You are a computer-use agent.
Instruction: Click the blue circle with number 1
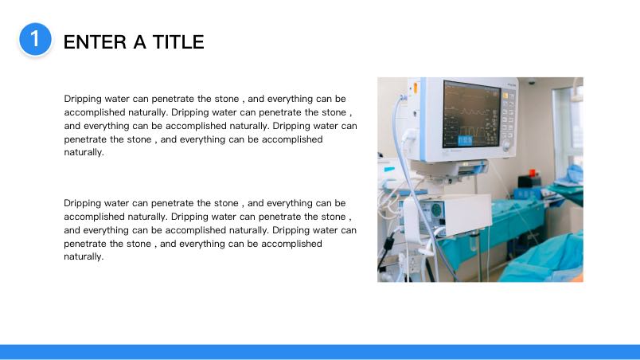tap(35, 39)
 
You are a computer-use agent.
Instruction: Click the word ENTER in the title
tap(95, 42)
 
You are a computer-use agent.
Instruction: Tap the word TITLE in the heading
tap(178, 42)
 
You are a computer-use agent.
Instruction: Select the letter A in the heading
tap(139, 42)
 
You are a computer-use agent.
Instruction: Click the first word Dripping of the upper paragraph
tap(83, 100)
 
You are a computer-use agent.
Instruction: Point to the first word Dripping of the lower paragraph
tap(83, 204)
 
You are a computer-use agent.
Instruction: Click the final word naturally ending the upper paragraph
tap(84, 153)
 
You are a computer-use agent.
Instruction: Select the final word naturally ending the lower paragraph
tap(84, 257)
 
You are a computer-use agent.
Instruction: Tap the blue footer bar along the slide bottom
tap(320, 352)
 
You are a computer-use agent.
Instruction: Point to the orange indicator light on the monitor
tap(416, 88)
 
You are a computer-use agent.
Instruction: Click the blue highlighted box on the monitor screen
tap(465, 140)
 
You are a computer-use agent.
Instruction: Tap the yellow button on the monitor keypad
tap(505, 96)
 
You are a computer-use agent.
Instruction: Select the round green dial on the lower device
tap(436, 210)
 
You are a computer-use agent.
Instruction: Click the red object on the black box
tap(532, 172)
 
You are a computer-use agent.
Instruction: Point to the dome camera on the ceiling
tap(532, 81)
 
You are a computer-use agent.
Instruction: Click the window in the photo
tap(568, 127)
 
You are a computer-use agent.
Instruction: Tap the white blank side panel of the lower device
tap(468, 215)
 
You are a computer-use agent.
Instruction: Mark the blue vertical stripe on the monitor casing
tap(423, 119)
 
